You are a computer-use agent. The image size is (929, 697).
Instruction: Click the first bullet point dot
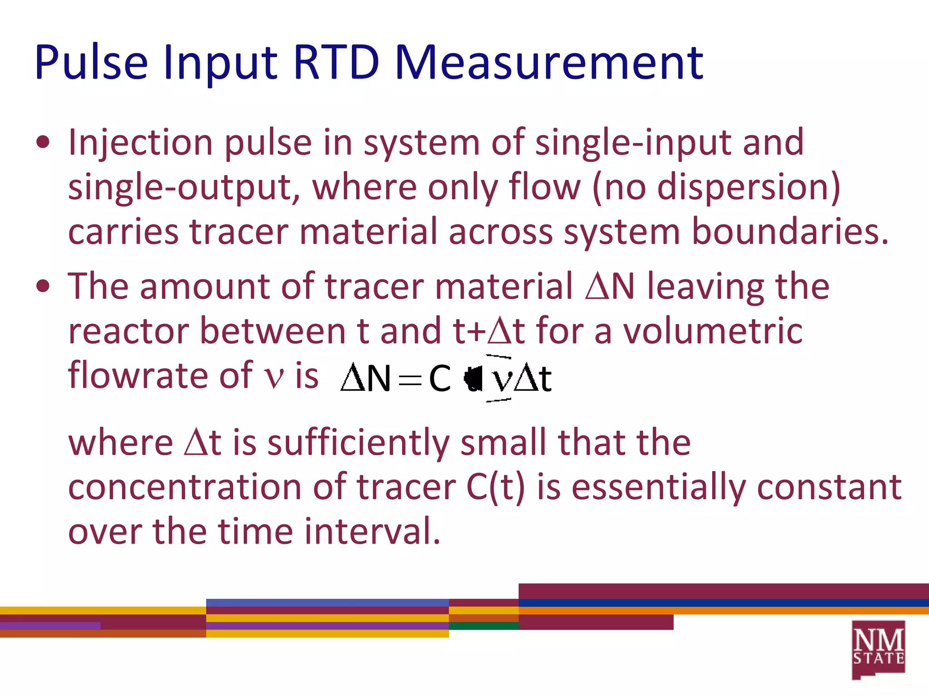[x=43, y=143]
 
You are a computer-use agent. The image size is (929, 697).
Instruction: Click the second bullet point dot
[x=43, y=287]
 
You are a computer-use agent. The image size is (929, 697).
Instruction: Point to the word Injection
[x=140, y=143]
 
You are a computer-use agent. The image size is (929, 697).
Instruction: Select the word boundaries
[x=789, y=231]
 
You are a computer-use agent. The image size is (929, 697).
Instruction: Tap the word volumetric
[x=713, y=331]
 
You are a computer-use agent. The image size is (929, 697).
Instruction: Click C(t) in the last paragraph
[x=495, y=487]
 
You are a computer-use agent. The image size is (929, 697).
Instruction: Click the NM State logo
[x=878, y=649]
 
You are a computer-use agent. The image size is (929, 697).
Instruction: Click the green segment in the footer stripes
[x=484, y=626]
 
